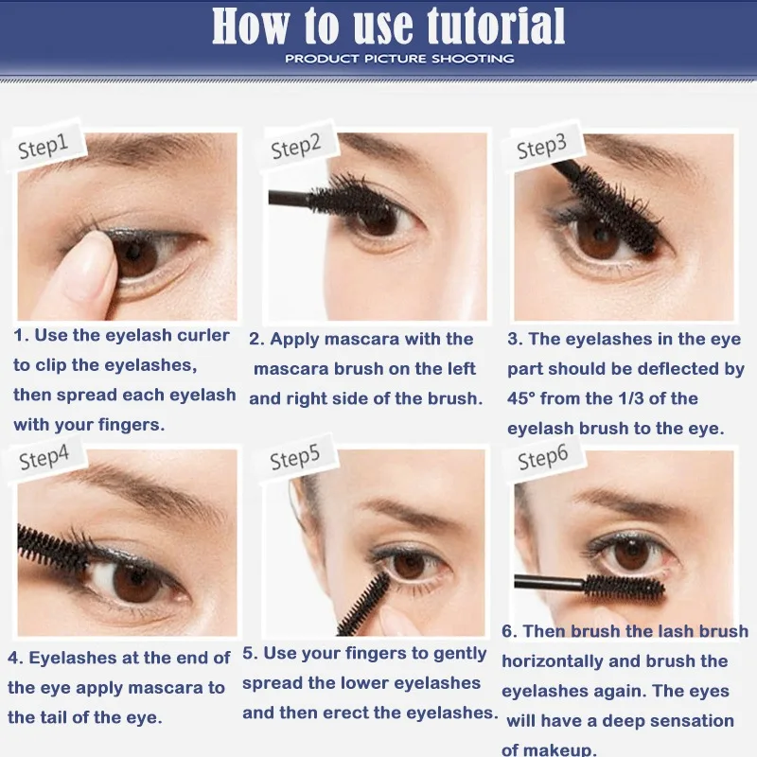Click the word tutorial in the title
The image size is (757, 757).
tap(495, 26)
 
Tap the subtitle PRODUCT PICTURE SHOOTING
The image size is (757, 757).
tap(399, 59)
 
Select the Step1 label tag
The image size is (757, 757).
tap(45, 144)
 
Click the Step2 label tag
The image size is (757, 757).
tap(298, 146)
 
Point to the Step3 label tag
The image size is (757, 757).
tap(542, 146)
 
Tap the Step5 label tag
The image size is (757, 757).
tap(296, 457)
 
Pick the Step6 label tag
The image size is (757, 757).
tap(543, 458)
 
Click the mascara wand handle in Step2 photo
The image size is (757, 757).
tap(289, 198)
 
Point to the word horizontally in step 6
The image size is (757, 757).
tap(553, 661)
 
